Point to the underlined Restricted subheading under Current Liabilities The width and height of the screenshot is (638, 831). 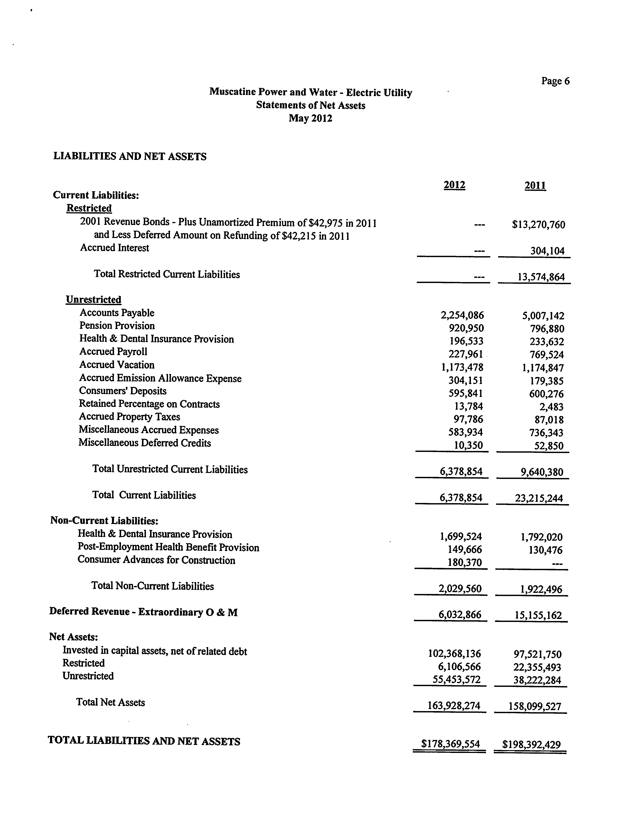point(89,208)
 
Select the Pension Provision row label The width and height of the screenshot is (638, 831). point(117,326)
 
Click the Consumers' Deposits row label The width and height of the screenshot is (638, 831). point(123,391)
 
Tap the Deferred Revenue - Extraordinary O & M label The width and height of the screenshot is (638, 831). point(143,612)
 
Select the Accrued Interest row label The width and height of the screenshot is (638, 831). point(114,248)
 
